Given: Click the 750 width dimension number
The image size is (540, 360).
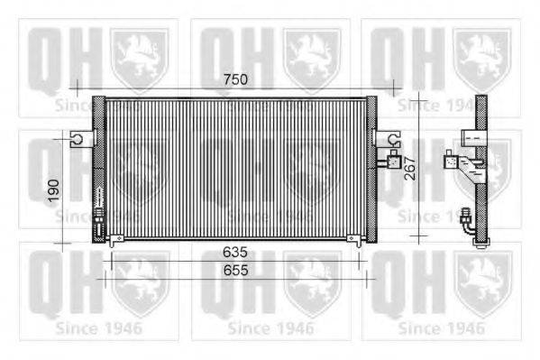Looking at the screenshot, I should [236, 80].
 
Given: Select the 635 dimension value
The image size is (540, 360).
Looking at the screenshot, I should [236, 253].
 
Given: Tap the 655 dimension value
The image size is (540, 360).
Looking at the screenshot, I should [236, 270].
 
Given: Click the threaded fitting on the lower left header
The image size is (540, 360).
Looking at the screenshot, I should [98, 217].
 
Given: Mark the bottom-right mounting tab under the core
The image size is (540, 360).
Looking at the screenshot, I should [357, 239].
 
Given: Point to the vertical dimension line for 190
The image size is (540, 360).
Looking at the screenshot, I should [64, 188].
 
